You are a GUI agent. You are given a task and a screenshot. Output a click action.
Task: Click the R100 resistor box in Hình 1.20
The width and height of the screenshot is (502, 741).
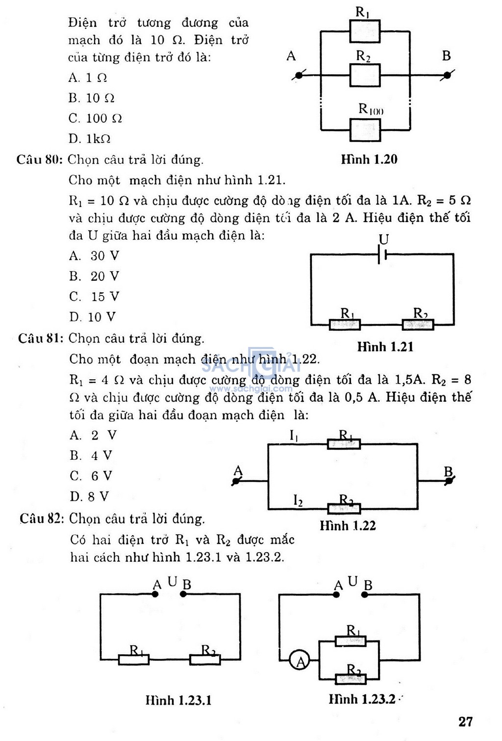click(x=365, y=130)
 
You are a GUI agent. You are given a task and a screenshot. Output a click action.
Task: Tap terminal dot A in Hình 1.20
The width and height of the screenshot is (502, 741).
click(x=299, y=75)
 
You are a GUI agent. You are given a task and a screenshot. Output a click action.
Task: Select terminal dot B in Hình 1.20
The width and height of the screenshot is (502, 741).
click(x=447, y=75)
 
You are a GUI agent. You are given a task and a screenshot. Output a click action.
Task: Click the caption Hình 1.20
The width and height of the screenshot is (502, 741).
click(x=369, y=159)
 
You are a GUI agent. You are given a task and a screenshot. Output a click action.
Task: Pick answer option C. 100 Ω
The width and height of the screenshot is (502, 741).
click(x=95, y=119)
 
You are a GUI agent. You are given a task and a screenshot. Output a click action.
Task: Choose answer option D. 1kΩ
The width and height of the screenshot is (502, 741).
click(x=89, y=139)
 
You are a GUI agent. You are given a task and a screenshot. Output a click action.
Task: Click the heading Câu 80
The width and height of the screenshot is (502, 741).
click(x=40, y=160)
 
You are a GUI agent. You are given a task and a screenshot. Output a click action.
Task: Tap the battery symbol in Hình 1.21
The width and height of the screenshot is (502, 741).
click(x=383, y=255)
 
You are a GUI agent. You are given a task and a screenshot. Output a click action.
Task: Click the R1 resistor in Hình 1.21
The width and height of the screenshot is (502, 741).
click(x=345, y=324)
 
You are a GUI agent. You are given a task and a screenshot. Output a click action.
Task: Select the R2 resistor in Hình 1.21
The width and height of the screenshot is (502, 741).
click(x=418, y=324)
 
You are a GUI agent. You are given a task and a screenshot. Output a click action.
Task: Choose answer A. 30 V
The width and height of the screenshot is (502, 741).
click(x=94, y=256)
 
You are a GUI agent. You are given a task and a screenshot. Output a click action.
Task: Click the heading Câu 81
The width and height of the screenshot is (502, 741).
click(x=41, y=339)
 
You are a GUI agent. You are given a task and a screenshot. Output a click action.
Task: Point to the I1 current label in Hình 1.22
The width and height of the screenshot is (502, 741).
click(x=294, y=436)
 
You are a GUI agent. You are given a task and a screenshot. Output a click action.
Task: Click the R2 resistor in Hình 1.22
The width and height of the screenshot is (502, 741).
click(x=344, y=508)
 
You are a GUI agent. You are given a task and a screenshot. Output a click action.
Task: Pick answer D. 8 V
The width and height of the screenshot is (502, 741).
click(x=89, y=496)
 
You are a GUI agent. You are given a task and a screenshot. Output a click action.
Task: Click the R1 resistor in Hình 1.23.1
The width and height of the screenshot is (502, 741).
click(x=134, y=660)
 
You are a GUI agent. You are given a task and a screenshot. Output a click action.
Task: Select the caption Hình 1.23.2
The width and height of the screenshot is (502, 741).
click(x=362, y=699)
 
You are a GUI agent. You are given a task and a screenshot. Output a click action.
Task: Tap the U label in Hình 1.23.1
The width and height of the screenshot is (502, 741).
click(x=172, y=581)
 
